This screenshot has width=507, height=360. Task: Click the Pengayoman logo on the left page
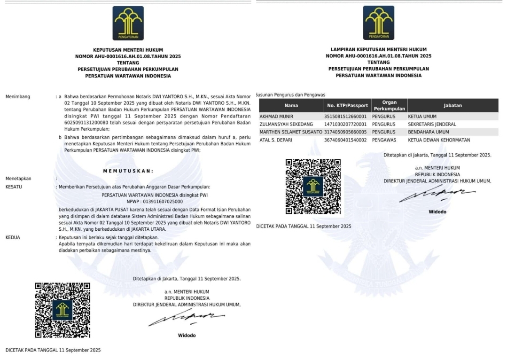coord(128,23)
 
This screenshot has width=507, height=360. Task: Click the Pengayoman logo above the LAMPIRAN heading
coord(378,23)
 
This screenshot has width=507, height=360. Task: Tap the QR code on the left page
coord(62,310)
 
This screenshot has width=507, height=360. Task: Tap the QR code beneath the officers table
coord(313,187)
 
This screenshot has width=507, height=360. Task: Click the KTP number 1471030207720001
coord(345,124)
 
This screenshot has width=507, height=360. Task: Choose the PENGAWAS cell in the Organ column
coord(383,140)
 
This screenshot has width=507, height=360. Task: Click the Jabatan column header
coord(452,106)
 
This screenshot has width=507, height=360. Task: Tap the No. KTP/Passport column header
coord(347,106)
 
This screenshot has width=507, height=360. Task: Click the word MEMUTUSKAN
coord(128,171)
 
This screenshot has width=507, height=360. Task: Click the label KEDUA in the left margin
coord(13,238)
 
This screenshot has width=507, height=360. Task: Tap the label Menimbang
coord(17,97)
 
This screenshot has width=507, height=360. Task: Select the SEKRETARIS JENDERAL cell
coord(432,124)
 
